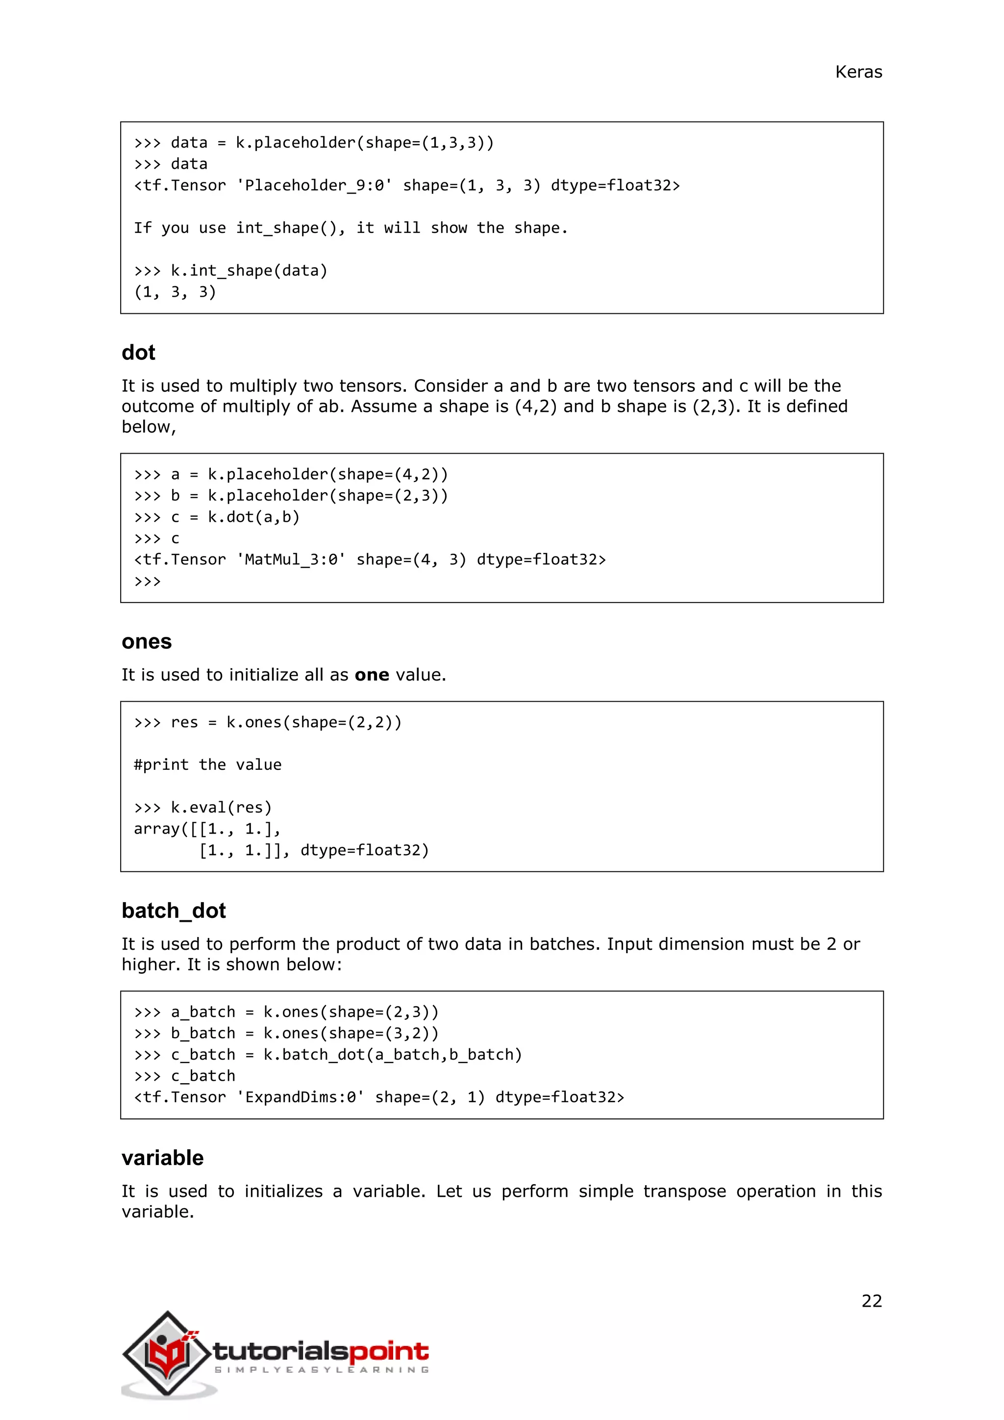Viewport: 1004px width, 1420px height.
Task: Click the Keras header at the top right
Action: (858, 73)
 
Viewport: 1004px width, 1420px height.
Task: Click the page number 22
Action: (871, 1301)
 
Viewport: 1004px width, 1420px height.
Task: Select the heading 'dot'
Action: (138, 353)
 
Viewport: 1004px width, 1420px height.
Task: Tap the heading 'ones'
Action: (147, 641)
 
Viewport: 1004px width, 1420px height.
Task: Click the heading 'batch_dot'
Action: (174, 911)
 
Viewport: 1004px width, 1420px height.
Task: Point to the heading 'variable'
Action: (163, 1158)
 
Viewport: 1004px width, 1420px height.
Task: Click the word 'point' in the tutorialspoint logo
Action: (389, 1351)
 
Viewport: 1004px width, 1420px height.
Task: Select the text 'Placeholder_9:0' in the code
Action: (314, 185)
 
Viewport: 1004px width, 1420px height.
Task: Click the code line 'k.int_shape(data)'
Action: (249, 271)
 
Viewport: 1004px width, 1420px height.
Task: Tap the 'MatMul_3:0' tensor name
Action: (291, 559)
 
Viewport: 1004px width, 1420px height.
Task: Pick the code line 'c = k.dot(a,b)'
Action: (235, 517)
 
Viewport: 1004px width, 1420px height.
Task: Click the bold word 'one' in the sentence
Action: (372, 675)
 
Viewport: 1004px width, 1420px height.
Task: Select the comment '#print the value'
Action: (208, 765)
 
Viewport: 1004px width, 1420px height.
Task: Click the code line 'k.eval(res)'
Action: (221, 808)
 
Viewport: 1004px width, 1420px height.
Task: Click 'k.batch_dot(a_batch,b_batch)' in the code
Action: (393, 1055)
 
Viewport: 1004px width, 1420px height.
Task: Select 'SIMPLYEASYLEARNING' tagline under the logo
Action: (322, 1370)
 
